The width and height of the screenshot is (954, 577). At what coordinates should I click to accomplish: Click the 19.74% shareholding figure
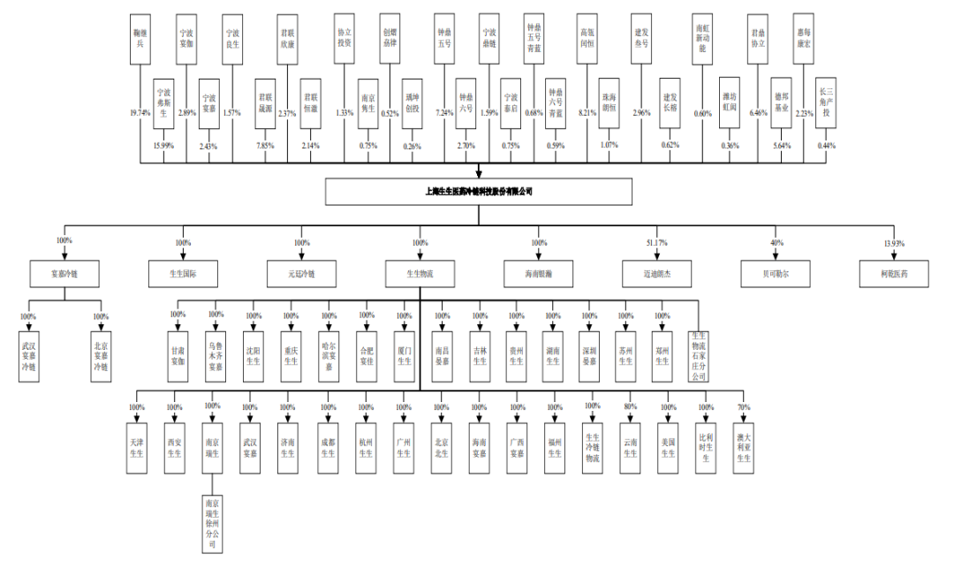[140, 113]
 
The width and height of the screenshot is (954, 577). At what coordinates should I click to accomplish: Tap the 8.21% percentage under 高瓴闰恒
[587, 113]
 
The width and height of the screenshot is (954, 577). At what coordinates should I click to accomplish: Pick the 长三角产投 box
[826, 102]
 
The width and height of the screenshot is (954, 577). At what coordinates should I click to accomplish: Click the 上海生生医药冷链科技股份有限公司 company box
[479, 191]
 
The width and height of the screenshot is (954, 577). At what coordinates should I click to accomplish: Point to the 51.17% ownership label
[656, 242]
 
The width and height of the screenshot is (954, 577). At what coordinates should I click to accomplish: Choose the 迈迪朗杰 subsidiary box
[656, 274]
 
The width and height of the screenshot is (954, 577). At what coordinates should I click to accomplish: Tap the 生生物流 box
[420, 274]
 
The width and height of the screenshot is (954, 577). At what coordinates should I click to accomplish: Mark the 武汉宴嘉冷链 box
[29, 355]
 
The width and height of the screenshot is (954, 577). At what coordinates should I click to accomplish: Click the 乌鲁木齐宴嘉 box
[216, 355]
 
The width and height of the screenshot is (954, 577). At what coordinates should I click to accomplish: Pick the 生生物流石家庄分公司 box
[699, 355]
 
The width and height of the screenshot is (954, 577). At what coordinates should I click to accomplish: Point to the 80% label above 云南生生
[630, 406]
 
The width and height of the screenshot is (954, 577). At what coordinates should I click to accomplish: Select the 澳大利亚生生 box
[744, 447]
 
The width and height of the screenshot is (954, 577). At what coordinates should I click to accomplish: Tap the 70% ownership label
[744, 406]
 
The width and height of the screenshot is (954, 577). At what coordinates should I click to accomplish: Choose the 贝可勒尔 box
[776, 274]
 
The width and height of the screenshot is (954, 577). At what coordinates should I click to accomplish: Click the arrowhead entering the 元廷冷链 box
[302, 256]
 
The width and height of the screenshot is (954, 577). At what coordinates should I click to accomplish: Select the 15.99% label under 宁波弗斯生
[163, 145]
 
